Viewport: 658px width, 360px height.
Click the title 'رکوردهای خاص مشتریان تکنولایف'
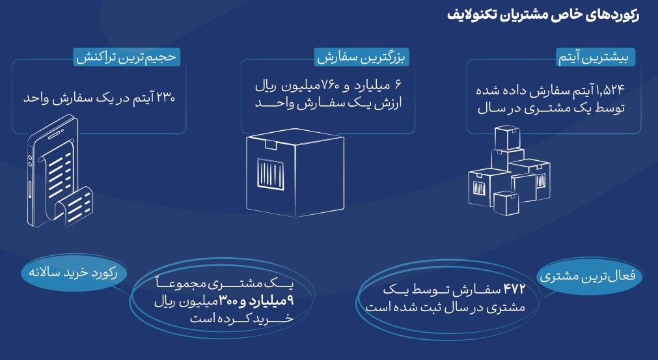click(x=543, y=16)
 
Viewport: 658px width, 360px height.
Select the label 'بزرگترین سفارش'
click(x=361, y=57)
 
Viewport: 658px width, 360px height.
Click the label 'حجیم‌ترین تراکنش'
click(x=126, y=57)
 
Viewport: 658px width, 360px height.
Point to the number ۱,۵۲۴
click(x=610, y=89)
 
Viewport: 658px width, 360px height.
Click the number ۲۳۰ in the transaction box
click(x=165, y=98)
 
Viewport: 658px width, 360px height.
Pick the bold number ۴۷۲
click(x=514, y=289)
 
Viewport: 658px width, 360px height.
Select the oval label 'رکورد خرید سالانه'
click(x=74, y=273)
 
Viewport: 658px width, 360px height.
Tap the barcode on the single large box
click(x=270, y=174)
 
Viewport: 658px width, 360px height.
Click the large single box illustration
click(x=295, y=173)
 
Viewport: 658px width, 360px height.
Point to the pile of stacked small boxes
click(x=509, y=171)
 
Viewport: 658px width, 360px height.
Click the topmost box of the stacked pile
click(x=508, y=137)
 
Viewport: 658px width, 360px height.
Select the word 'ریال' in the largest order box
click(x=265, y=86)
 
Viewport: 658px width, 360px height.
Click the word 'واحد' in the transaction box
click(x=35, y=98)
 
